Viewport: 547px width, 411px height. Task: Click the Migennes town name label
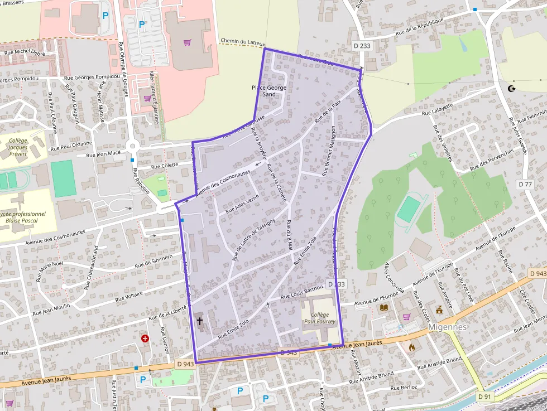pos(448,327)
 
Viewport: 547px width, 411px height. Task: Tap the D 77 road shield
pos(525,184)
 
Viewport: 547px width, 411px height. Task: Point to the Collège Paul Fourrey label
pos(319,318)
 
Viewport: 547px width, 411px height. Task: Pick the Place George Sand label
pos(269,91)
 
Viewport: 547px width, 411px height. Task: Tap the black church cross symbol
pos(200,321)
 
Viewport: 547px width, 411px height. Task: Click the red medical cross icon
pos(145,338)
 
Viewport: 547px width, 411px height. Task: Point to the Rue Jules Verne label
pos(242,205)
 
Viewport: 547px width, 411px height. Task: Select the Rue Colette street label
pos(165,166)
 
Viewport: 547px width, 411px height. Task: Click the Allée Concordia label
pos(392,274)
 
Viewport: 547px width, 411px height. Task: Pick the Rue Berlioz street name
pos(405,387)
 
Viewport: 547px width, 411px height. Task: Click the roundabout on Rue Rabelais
pos(133,147)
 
